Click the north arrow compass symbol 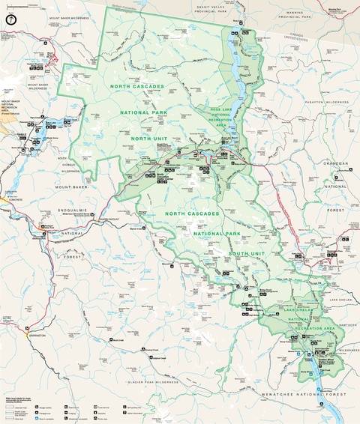pos(10,19)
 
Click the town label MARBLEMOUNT pos(108,219)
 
